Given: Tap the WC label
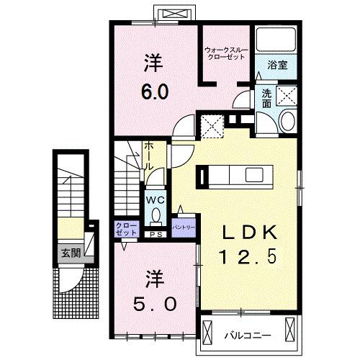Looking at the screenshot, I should (x=156, y=200).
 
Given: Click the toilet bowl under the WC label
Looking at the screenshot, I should (x=156, y=216).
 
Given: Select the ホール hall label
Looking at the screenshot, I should (x=149, y=156).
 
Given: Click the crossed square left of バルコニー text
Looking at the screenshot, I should (x=207, y=333).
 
